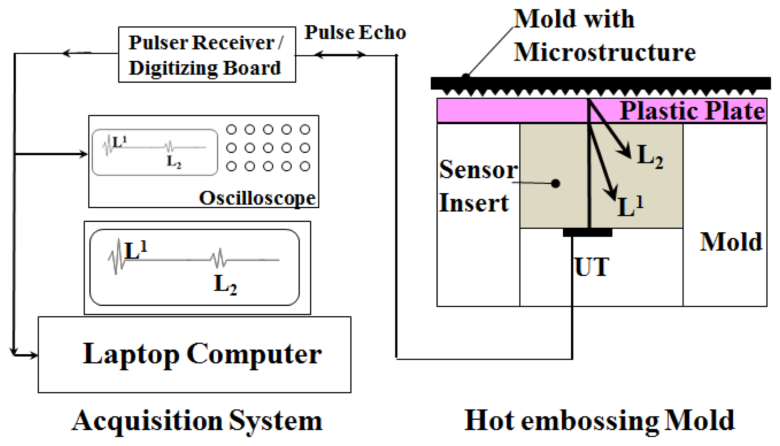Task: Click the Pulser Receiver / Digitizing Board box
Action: pyautogui.click(x=207, y=55)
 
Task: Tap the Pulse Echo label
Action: pyautogui.click(x=355, y=32)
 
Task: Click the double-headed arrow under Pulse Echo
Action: pyautogui.click(x=340, y=55)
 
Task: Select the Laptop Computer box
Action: pyautogui.click(x=194, y=354)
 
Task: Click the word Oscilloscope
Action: pyautogui.click(x=257, y=198)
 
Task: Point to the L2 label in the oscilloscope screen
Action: pyautogui.click(x=174, y=162)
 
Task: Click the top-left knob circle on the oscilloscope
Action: pyautogui.click(x=232, y=129)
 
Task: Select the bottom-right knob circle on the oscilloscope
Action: pyautogui.click(x=305, y=166)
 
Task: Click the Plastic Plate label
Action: pyautogui.click(x=692, y=111)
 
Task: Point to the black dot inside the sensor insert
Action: pyautogui.click(x=555, y=183)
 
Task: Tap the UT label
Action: pyautogui.click(x=592, y=267)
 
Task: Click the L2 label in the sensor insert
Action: pyautogui.click(x=649, y=157)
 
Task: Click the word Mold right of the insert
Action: pyautogui.click(x=731, y=242)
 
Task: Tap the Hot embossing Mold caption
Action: pyautogui.click(x=599, y=421)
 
